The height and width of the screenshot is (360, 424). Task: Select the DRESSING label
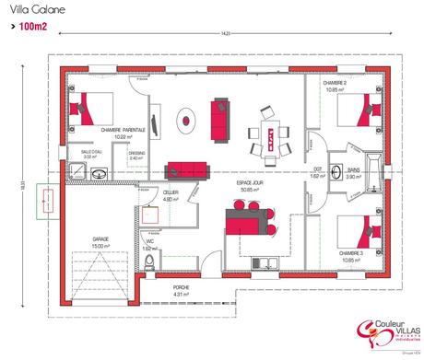coord(135,154)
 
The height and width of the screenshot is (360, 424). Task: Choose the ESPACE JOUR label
coord(252,187)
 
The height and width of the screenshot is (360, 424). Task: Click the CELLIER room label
coord(171,194)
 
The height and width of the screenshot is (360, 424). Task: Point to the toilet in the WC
coord(150,264)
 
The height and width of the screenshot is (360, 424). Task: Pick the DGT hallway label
coord(317,171)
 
